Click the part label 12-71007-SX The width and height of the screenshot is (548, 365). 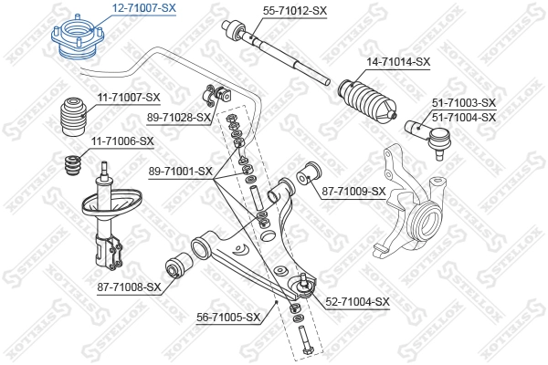coord(143,7)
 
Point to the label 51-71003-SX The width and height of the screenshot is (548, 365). coord(463,103)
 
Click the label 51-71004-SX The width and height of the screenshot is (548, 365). coord(463,117)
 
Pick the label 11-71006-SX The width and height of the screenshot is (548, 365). coord(121,141)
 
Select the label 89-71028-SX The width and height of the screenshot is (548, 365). coord(178,118)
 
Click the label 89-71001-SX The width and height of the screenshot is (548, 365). coord(179,171)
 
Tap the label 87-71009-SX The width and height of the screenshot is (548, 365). coord(353,191)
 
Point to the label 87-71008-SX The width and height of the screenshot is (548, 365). coord(129,287)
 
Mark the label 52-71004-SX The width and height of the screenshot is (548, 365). coord(357,301)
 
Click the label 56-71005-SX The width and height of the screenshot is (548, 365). coord(229,318)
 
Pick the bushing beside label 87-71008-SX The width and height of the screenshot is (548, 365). coord(179,268)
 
